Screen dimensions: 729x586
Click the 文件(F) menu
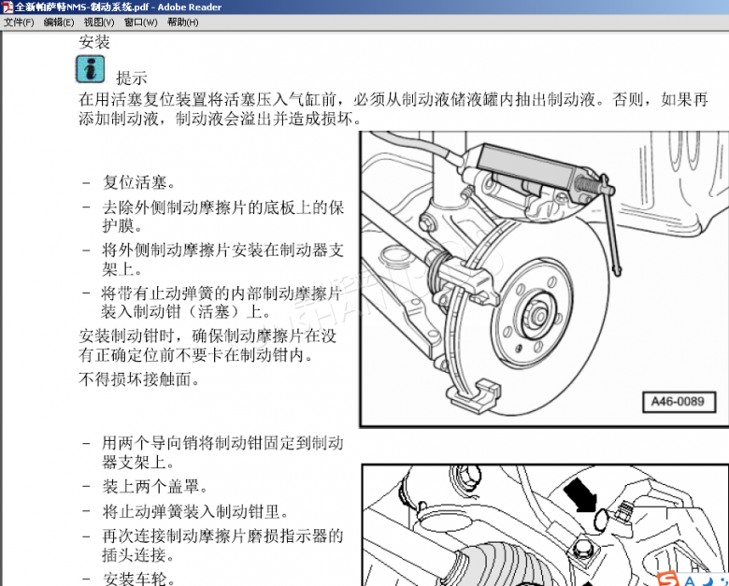coord(19,22)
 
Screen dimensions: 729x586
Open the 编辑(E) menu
coord(59,22)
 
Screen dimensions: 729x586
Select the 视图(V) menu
coord(99,22)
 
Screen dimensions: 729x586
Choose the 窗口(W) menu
coord(141,22)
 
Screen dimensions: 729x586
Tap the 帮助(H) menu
coord(182,22)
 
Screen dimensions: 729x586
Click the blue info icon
coord(91,69)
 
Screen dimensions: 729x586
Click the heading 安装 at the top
coord(94,42)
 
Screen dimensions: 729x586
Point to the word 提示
coord(132,78)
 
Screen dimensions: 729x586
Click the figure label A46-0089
coord(678,401)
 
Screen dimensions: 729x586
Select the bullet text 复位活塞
coord(139,182)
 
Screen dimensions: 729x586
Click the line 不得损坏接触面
coord(139,379)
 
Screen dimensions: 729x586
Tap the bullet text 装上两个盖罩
coord(155,487)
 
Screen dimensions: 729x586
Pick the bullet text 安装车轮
coord(139,579)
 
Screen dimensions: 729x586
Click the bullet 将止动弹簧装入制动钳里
coord(195,512)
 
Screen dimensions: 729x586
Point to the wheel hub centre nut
coord(539,316)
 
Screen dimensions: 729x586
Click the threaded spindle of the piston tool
coord(587,185)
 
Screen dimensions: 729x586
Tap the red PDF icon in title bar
coord(7,7)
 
